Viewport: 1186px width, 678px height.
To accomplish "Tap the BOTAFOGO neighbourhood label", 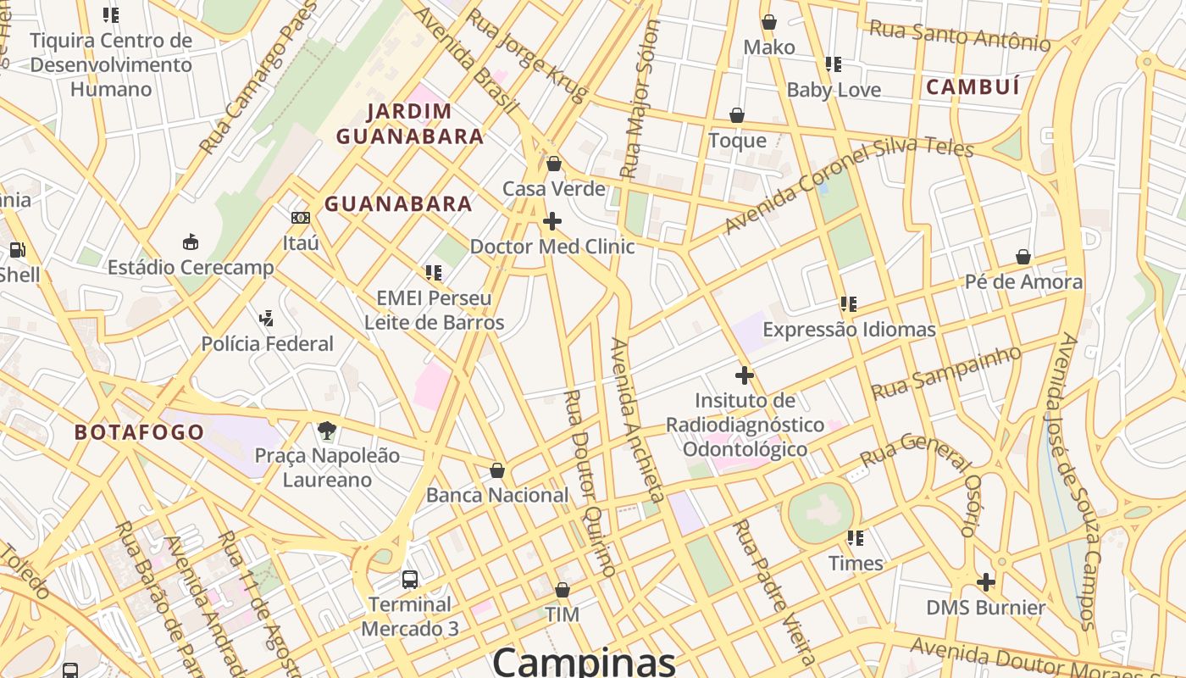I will (139, 432).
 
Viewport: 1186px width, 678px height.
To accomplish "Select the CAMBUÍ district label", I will (972, 86).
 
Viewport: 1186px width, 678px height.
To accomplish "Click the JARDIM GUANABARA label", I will (410, 124).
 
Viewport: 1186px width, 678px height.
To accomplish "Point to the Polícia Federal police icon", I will (267, 319).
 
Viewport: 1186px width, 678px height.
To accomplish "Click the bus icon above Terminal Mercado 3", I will (410, 580).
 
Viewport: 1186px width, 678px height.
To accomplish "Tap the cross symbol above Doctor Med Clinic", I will (552, 221).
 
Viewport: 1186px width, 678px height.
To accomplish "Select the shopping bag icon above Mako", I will (769, 22).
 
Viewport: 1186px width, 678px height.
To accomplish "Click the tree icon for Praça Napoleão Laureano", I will (327, 431).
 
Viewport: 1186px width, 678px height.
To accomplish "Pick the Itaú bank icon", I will (301, 218).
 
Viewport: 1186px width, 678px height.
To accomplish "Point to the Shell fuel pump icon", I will (17, 250).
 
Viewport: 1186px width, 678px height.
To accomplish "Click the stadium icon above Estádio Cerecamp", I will (191, 242).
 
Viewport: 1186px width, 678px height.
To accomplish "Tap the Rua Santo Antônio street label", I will (960, 36).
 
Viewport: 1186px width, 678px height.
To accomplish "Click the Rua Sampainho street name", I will (946, 373).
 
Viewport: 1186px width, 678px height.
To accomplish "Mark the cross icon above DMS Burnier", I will (985, 582).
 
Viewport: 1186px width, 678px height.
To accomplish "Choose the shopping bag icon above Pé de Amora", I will (1023, 257).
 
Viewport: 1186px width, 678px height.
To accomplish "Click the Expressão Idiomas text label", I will (850, 330).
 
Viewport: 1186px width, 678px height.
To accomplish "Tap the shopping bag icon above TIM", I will (563, 590).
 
